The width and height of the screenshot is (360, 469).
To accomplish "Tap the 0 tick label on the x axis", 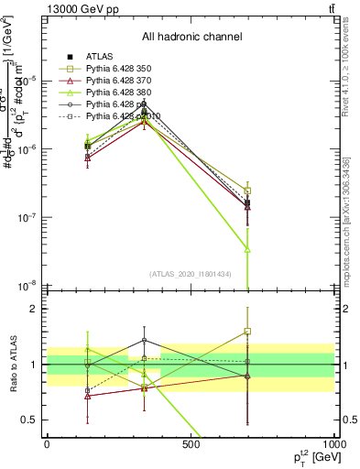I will pyautogui.click(x=47, y=443).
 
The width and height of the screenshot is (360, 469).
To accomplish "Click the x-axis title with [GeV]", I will pyautogui.click(x=307, y=456).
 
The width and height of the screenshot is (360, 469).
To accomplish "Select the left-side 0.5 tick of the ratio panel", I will pyautogui.click(x=31, y=420).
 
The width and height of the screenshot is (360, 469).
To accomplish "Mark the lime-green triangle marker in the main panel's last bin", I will pyautogui.click(x=247, y=249).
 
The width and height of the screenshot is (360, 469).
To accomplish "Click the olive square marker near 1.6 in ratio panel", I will pyautogui.click(x=247, y=332).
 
